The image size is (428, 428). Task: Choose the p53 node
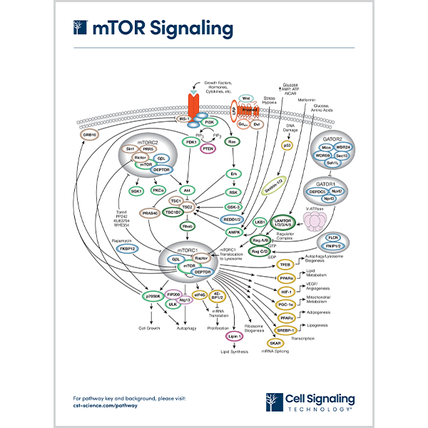(287, 145)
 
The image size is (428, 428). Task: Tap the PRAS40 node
(150, 213)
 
